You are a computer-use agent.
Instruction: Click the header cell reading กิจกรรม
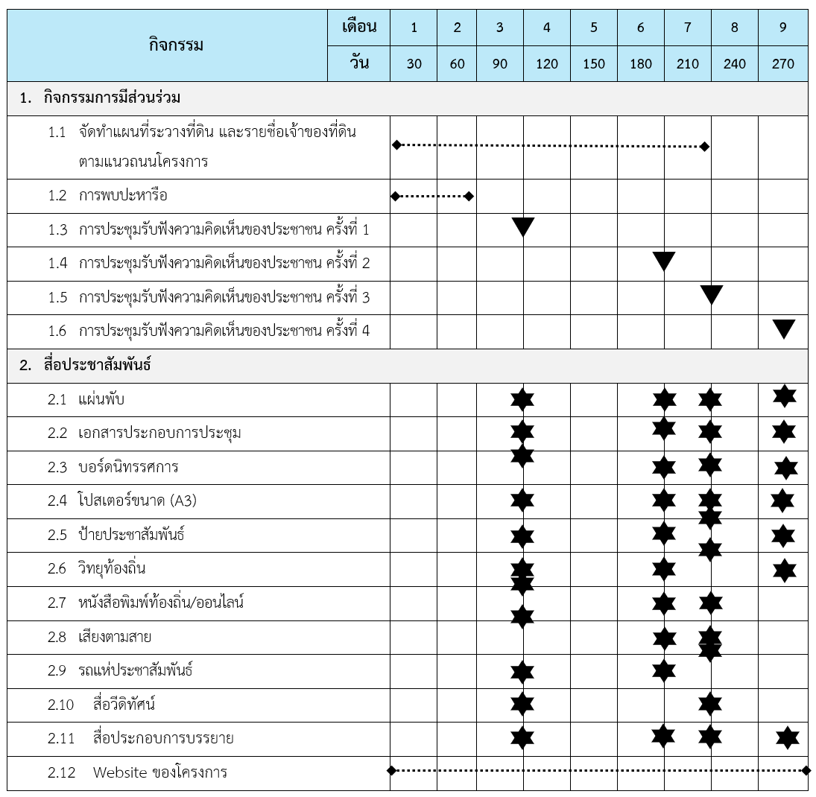pyautogui.click(x=175, y=45)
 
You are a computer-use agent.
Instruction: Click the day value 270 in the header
pyautogui.click(x=782, y=64)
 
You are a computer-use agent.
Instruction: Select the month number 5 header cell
pyautogui.click(x=593, y=28)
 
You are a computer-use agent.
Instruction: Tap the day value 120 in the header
pyautogui.click(x=546, y=64)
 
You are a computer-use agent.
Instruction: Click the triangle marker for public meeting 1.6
pyautogui.click(x=784, y=328)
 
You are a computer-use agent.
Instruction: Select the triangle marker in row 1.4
pyautogui.click(x=663, y=261)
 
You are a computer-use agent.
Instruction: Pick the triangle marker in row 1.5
pyautogui.click(x=712, y=295)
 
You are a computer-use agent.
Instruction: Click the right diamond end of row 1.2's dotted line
pyautogui.click(x=469, y=196)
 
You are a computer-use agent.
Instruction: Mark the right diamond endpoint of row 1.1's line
pyautogui.click(x=705, y=147)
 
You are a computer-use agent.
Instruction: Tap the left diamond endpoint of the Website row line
pyautogui.click(x=392, y=770)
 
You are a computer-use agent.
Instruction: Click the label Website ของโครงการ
pyautogui.click(x=159, y=772)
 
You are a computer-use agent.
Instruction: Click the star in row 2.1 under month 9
pyautogui.click(x=784, y=396)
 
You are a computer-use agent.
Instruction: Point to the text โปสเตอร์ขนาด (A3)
pyautogui.click(x=137, y=501)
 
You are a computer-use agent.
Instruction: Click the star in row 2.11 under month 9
pyautogui.click(x=787, y=737)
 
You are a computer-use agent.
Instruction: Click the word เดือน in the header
pyautogui.click(x=359, y=28)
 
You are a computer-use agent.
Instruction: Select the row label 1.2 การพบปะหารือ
pyautogui.click(x=123, y=196)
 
